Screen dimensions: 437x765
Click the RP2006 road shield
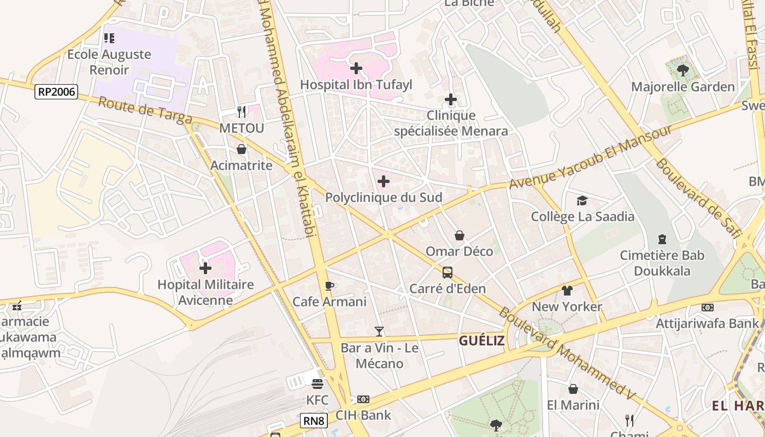coord(56,92)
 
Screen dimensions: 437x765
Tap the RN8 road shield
coord(314,421)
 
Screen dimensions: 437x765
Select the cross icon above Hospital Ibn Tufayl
coord(356,68)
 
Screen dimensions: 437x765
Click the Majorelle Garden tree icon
coord(682,70)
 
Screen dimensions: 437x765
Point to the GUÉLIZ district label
coord(482,341)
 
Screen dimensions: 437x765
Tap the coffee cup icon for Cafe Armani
coord(329,286)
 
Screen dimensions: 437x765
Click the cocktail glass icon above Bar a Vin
coord(379,332)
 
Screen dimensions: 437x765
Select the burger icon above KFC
coord(317,384)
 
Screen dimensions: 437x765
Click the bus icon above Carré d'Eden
coord(447,272)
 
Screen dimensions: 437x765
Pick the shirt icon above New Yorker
coord(567,291)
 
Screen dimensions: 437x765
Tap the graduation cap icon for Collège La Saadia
coord(582,200)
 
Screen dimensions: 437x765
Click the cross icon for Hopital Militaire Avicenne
coord(205,268)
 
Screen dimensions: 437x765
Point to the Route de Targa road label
coord(145,111)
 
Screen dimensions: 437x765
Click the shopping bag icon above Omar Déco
coord(460,235)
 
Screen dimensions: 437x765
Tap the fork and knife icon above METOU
coord(241,112)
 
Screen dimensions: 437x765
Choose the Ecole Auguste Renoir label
coord(109,62)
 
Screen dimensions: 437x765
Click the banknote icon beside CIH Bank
coord(363,399)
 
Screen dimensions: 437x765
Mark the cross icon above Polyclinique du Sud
coord(384,181)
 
